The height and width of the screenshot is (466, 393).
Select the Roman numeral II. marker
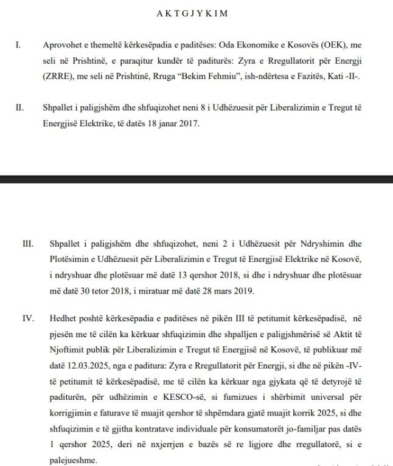pyautogui.click(x=19, y=108)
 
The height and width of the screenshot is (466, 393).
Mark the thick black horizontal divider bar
pyautogui.click(x=196, y=179)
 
